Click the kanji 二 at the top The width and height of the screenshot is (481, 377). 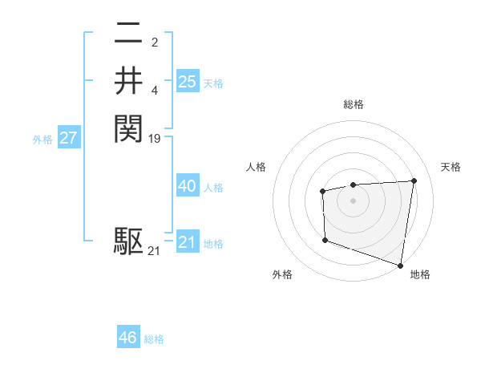pyautogui.click(x=128, y=33)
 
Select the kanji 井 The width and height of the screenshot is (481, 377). pyautogui.click(x=128, y=80)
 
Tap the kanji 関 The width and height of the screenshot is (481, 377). pyautogui.click(x=128, y=128)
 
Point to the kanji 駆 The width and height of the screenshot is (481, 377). pyautogui.click(x=128, y=241)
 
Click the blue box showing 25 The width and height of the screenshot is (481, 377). pyautogui.click(x=188, y=81)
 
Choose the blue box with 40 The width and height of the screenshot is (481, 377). pyautogui.click(x=188, y=186)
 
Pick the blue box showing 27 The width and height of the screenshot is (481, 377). pyautogui.click(x=69, y=138)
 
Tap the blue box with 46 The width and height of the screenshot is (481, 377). pyautogui.click(x=128, y=338)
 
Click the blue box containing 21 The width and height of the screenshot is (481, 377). pyautogui.click(x=188, y=242)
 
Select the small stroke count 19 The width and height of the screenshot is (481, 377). pyautogui.click(x=155, y=139)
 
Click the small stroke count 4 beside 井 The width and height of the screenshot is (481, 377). pyautogui.click(x=155, y=91)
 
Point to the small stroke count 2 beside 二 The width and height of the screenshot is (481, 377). pyautogui.click(x=155, y=42)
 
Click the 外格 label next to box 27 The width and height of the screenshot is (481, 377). pyautogui.click(x=42, y=140)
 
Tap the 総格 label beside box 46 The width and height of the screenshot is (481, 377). pyautogui.click(x=154, y=339)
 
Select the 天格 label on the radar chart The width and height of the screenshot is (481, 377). pyautogui.click(x=451, y=167)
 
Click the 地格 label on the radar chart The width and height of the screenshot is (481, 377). pyautogui.click(x=420, y=274)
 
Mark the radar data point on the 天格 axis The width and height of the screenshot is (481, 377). pyautogui.click(x=414, y=180)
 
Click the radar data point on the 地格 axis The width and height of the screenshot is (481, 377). pyautogui.click(x=400, y=265)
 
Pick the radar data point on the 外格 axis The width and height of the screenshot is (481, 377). pyautogui.click(x=325, y=240)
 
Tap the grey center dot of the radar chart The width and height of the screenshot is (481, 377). pyautogui.click(x=354, y=200)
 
